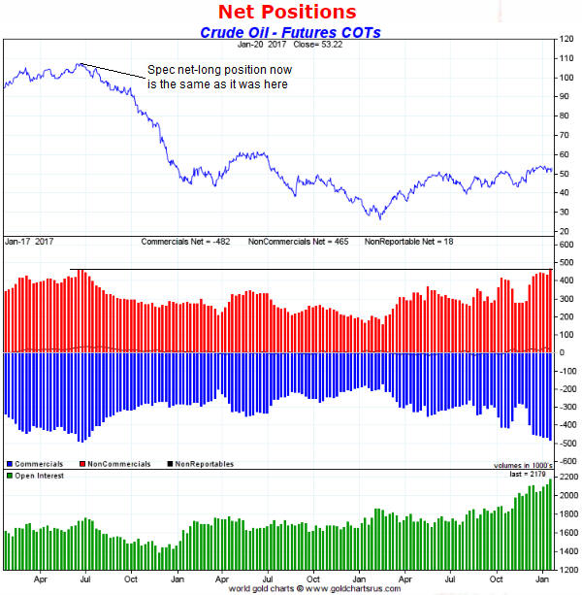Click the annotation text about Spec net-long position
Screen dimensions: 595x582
coord(218,77)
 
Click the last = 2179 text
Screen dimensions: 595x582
coord(527,475)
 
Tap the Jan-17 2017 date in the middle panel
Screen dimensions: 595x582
coord(30,240)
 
